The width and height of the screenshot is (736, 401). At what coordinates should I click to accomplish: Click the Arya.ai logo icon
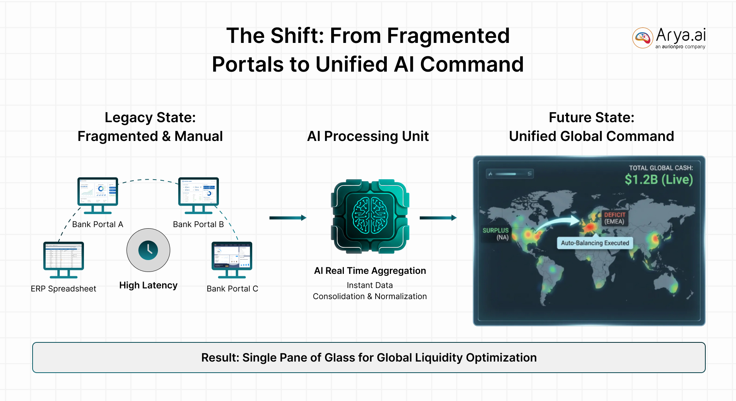coord(642,38)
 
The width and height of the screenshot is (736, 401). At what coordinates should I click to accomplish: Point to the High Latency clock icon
coord(148,250)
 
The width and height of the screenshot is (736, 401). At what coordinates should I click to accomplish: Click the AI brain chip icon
coord(370,216)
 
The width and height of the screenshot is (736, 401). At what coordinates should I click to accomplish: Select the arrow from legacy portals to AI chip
coord(287,218)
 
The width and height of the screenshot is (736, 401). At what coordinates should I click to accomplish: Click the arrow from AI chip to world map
coord(438,218)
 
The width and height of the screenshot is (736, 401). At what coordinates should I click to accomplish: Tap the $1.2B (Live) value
coord(659,179)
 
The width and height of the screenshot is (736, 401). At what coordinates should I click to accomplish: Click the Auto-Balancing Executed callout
coord(595,243)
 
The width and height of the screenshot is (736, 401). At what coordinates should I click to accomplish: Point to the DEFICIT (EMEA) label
coord(614,218)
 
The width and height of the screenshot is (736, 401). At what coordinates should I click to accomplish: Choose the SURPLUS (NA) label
coord(496,234)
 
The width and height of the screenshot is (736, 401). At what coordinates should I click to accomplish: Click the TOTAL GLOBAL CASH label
coord(661,168)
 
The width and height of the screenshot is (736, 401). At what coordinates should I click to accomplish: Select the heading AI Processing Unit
coord(368,136)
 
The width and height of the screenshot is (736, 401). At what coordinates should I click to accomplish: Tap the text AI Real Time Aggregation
coord(370,271)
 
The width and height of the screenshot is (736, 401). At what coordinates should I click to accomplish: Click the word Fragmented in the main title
coord(448,36)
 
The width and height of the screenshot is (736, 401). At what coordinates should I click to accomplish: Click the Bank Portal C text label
coord(232,289)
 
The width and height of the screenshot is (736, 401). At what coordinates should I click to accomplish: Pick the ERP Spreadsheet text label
coord(64,289)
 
